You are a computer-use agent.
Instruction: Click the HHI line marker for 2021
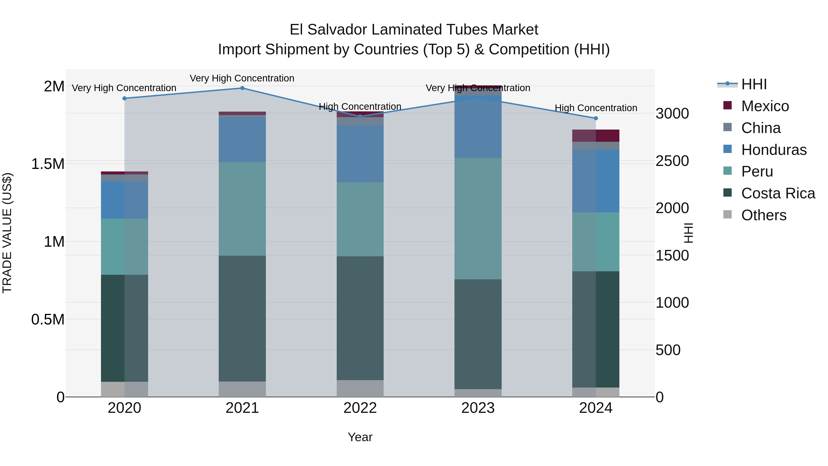pyautogui.click(x=242, y=88)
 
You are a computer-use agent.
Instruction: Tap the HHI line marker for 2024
pyautogui.click(x=596, y=118)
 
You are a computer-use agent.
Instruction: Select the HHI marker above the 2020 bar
pyautogui.click(x=125, y=98)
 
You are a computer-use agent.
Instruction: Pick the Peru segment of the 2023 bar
pyautogui.click(x=478, y=218)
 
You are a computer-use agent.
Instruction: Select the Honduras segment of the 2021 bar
pyautogui.click(x=242, y=140)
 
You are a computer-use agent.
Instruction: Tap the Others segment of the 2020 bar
pyautogui.click(x=125, y=389)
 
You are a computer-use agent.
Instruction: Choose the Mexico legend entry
pyautogui.click(x=765, y=106)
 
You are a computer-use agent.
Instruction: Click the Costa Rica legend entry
pyautogui.click(x=778, y=193)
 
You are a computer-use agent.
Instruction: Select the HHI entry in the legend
pyautogui.click(x=754, y=84)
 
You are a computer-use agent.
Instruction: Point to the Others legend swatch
pyautogui.click(x=727, y=214)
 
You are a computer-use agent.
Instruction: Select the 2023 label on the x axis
pyautogui.click(x=478, y=408)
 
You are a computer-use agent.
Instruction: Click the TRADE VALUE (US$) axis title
pyautogui.click(x=7, y=233)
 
